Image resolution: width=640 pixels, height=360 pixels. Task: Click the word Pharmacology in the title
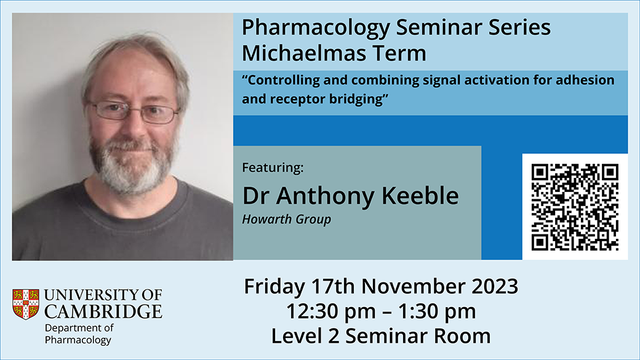tap(316, 28)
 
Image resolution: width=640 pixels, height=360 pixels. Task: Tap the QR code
tap(575, 207)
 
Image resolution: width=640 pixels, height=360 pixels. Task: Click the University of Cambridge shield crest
tap(26, 304)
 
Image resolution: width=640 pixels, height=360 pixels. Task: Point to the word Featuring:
tap(273, 168)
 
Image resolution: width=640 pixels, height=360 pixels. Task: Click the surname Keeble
tap(420, 196)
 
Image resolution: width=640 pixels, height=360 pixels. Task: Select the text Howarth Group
tap(287, 220)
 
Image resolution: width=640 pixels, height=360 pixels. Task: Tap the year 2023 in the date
tap(495, 286)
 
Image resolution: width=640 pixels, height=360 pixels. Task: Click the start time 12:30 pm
tap(331, 311)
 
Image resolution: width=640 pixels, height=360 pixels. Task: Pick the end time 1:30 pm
tap(437, 311)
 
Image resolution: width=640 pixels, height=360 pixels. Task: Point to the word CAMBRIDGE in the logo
tap(103, 311)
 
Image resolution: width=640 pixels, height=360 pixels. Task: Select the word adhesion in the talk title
tap(585, 80)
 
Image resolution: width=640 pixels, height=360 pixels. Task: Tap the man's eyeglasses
tap(133, 111)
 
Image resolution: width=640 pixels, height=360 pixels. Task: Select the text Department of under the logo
tap(79, 328)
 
